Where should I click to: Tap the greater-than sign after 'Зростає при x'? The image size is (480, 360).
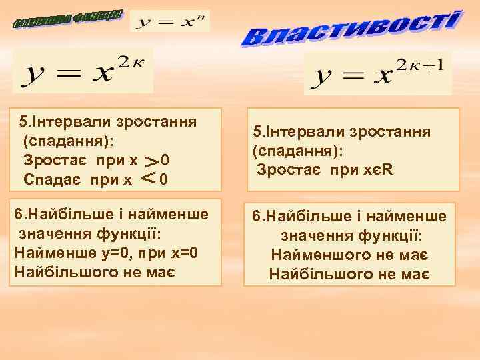point(153,161)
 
